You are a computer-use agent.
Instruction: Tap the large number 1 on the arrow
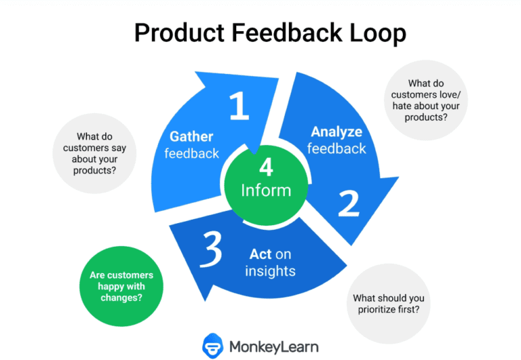pyautogui.click(x=238, y=106)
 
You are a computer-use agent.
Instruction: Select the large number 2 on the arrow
pyautogui.click(x=349, y=202)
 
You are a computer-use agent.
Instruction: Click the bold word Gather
pyautogui.click(x=191, y=137)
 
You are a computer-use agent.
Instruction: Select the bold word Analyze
pyautogui.click(x=336, y=131)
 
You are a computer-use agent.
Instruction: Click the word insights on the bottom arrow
pyautogui.click(x=271, y=271)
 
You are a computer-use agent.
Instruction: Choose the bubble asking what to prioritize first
pyautogui.click(x=388, y=304)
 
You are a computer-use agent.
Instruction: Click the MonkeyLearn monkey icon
pyautogui.click(x=214, y=346)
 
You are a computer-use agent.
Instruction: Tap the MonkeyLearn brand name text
pyautogui.click(x=274, y=346)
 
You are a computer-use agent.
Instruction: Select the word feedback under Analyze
pyautogui.click(x=336, y=148)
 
